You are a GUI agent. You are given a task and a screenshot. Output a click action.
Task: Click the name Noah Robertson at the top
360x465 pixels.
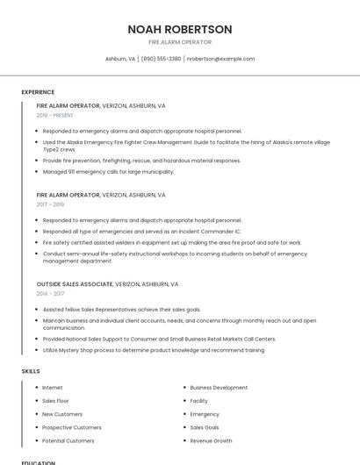coord(179,29)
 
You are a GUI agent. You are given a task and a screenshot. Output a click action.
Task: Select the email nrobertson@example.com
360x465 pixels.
coord(221,59)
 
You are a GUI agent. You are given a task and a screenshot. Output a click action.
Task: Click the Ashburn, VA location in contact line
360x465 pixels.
coord(120,59)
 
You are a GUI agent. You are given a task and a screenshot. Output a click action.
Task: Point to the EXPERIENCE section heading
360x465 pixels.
coord(38,92)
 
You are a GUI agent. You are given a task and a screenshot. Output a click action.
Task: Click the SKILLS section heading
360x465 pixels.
coord(31,371)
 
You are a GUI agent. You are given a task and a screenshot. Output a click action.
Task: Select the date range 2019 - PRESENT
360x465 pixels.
coord(55,115)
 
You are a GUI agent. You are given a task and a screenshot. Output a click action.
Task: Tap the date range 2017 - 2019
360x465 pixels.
coord(50,204)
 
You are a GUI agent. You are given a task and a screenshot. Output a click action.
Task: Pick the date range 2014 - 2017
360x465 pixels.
coord(50,294)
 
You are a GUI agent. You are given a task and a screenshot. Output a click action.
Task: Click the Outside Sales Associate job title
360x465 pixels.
coord(75,284)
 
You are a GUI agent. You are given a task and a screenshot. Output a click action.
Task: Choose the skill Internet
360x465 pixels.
coord(53,387)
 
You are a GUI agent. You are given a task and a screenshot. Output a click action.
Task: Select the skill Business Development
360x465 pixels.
coord(219,387)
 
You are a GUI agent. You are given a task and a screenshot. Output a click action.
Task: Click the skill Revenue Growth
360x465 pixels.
coord(211,440)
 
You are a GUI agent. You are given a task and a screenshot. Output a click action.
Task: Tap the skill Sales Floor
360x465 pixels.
coord(55,400)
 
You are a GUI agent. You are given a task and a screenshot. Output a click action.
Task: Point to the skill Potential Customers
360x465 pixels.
coord(68,440)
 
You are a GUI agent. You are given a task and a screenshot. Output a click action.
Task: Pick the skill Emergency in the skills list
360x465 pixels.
coord(205,414)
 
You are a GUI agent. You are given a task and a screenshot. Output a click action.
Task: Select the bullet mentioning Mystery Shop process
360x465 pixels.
coord(153,350)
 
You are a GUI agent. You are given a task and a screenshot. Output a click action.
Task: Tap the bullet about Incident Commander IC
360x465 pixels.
coord(141,231)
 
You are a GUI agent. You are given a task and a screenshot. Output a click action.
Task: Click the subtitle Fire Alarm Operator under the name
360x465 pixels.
coord(179,42)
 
